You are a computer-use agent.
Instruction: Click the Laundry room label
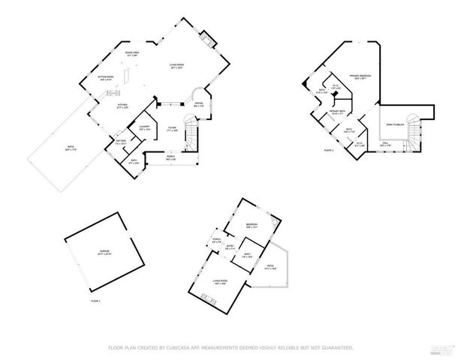[x=144, y=128]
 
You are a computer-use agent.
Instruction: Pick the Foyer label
[x=171, y=127]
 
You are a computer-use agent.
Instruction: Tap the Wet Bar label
[x=121, y=140]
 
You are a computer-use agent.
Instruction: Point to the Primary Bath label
[x=336, y=112]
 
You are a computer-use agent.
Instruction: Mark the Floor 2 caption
[x=328, y=150]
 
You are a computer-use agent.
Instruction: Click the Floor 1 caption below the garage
[x=95, y=300]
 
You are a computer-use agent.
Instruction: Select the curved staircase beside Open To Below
[x=414, y=136]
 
